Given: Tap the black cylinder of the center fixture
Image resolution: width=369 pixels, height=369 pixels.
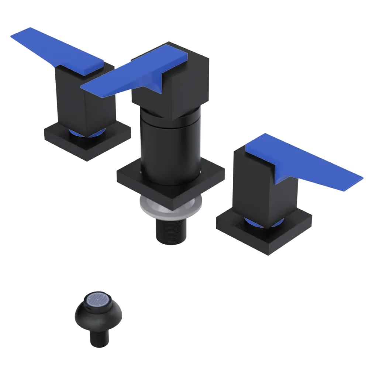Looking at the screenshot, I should coord(170,148).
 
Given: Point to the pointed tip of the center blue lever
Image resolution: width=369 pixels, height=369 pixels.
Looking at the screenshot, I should coord(83,87).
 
